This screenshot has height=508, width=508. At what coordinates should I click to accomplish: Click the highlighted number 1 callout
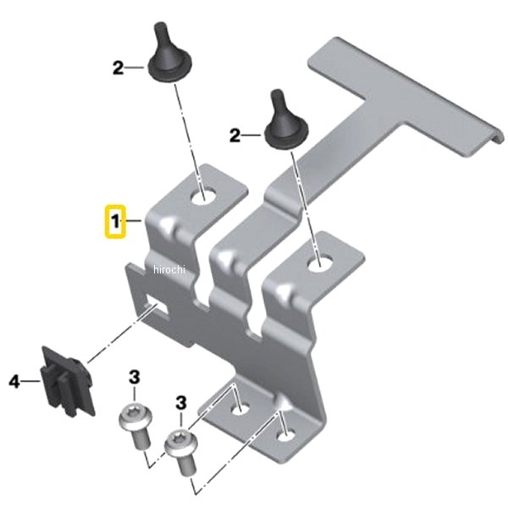point(114,222)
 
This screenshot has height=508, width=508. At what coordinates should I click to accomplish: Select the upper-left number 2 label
point(118,68)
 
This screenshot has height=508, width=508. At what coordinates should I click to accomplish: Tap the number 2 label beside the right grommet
point(235,135)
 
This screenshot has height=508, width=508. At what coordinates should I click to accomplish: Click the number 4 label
point(14,381)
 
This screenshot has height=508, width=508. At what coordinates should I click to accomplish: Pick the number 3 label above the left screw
point(135,377)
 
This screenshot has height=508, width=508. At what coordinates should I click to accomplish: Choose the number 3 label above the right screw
point(181,403)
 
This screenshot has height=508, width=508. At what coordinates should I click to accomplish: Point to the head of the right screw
point(181,440)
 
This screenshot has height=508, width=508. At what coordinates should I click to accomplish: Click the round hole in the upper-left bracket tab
point(203,196)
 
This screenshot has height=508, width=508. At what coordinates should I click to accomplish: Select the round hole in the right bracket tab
point(320,262)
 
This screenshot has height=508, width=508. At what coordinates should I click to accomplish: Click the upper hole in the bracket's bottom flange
point(240,409)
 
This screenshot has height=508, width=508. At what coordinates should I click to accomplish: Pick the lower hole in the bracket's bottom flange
point(286,435)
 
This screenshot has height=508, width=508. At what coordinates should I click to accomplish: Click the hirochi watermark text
point(169,269)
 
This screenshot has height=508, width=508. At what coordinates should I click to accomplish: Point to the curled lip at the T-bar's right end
point(497,136)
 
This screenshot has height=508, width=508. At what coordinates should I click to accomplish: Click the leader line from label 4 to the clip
point(31,381)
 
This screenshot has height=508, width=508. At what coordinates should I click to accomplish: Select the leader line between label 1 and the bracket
point(134,221)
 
